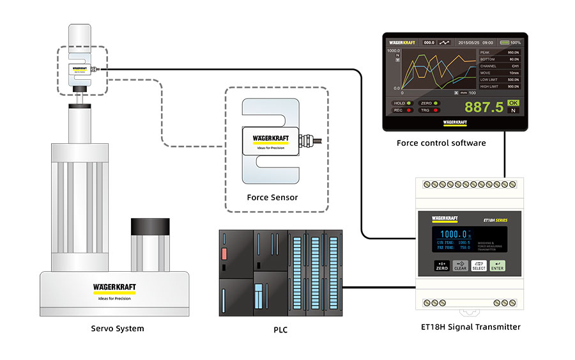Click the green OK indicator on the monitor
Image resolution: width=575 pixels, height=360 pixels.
pos(513,102)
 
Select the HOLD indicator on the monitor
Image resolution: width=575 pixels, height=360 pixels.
pos(402,102)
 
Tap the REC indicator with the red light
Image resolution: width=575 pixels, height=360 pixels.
pos(402,111)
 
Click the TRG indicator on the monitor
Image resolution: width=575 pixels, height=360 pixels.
pos(428,111)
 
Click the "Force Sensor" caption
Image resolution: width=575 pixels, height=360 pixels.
pos(272,197)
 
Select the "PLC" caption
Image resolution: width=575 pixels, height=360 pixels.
pos(281,330)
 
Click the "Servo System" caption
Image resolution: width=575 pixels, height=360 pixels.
pos(118,329)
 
